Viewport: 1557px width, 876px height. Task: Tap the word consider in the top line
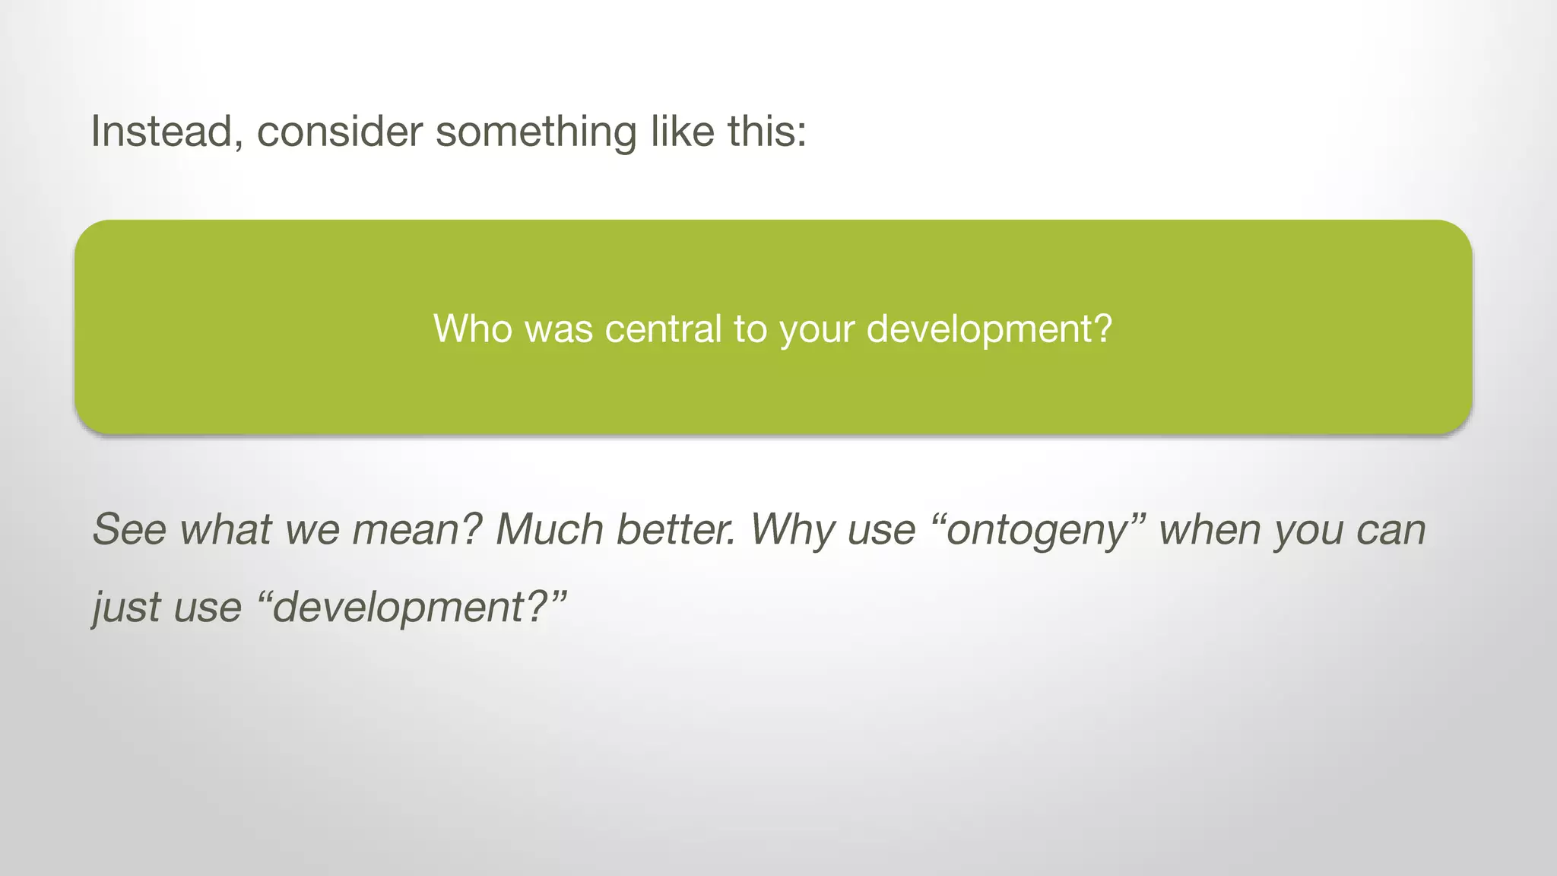tap(339, 132)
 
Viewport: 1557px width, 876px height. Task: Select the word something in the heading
tap(536, 132)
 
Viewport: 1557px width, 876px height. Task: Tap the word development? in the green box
tap(989, 329)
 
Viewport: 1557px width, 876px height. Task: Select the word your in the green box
tap(817, 329)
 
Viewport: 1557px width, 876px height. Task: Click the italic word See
tap(129, 530)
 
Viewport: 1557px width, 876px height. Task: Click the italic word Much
tap(549, 530)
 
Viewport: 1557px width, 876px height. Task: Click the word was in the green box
tap(559, 329)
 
